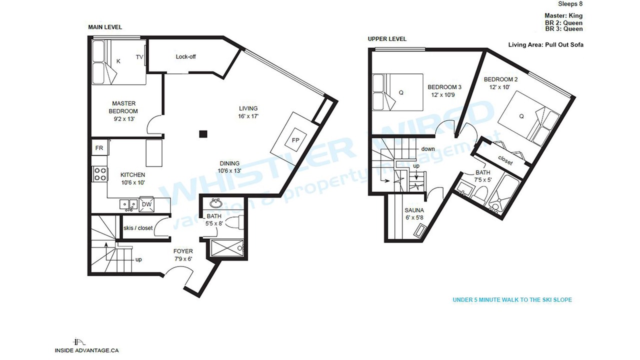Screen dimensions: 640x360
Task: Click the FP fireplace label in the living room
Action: (x=295, y=140)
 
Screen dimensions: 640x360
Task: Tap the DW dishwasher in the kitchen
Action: (x=146, y=204)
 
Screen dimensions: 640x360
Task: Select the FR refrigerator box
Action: (x=99, y=147)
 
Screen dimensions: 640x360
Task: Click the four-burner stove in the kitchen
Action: (x=100, y=174)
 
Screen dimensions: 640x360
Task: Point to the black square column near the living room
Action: (x=203, y=134)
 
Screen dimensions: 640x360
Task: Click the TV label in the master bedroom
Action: (x=139, y=57)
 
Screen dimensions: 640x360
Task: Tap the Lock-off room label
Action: (x=185, y=56)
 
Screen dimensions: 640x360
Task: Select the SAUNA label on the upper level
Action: (x=414, y=210)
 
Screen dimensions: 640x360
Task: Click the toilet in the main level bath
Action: (x=235, y=222)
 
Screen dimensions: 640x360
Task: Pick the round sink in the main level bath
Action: (x=216, y=203)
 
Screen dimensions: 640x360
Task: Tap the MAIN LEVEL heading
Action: (x=105, y=27)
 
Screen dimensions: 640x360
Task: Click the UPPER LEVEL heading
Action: (x=387, y=39)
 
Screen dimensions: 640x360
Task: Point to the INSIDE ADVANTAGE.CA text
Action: (x=87, y=350)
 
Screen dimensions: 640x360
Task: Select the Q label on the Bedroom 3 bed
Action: (x=401, y=92)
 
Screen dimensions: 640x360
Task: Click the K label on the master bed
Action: (x=118, y=61)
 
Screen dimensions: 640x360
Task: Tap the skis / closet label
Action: (x=138, y=228)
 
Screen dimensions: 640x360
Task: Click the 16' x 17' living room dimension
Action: (x=248, y=116)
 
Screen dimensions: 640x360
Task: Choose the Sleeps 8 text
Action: (x=570, y=3)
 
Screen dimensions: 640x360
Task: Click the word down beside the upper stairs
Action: (x=428, y=149)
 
